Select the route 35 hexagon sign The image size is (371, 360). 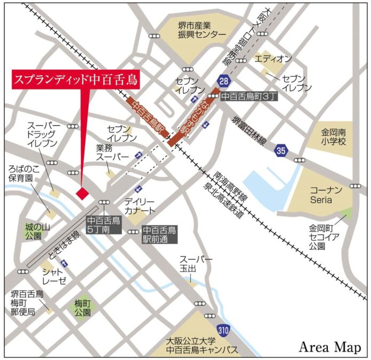[281, 151]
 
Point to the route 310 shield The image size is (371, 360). [223, 331]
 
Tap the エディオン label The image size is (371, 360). [273, 58]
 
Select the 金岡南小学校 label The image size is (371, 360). [334, 137]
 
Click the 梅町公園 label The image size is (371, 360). [83, 307]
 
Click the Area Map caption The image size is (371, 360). [329, 347]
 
